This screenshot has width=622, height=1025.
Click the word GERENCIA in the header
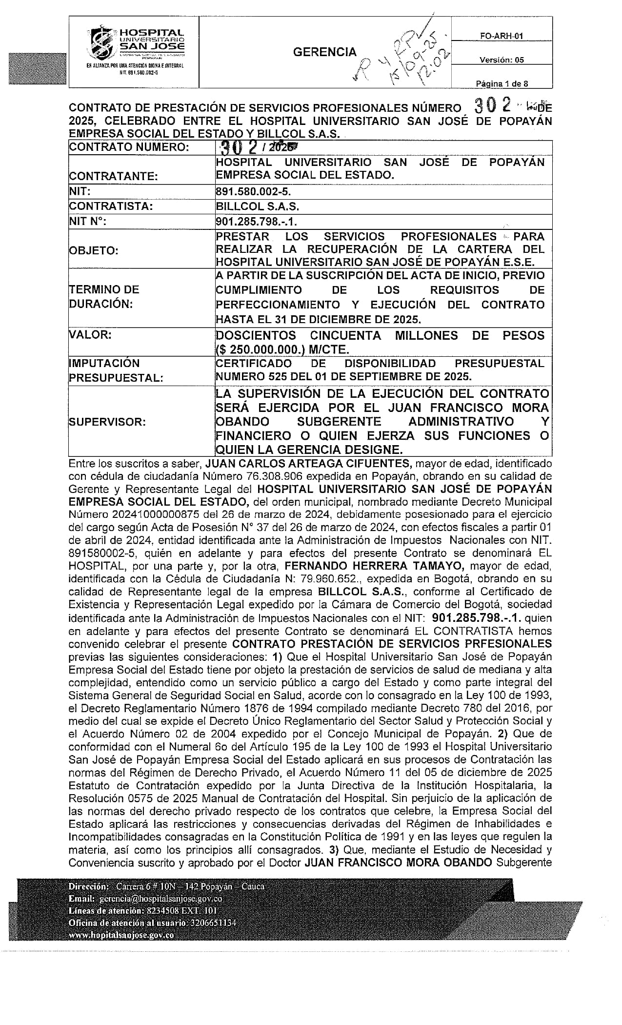(325, 52)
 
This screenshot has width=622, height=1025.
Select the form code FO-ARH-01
(502, 36)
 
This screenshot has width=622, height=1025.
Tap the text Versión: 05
(502, 60)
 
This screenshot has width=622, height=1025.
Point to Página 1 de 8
(502, 83)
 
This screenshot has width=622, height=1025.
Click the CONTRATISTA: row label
(111, 206)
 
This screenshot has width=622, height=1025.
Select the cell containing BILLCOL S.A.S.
(258, 206)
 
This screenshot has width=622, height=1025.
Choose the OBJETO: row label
(94, 251)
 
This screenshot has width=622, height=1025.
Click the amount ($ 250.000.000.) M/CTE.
(282, 349)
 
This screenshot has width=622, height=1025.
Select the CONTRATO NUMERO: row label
(129, 147)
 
